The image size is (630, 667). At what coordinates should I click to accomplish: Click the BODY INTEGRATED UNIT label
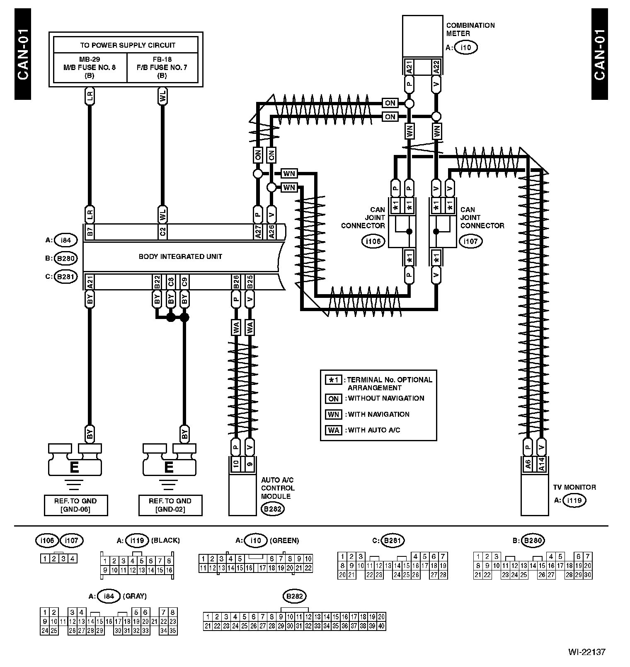pyautogui.click(x=180, y=256)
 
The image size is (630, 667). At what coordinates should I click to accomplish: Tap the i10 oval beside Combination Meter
pyautogui.click(x=466, y=48)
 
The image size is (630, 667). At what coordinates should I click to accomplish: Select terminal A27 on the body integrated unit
pyautogui.click(x=258, y=232)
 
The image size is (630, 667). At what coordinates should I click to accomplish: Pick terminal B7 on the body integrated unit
pyautogui.click(x=90, y=232)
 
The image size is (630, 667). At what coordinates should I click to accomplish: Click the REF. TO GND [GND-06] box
pyautogui.click(x=75, y=505)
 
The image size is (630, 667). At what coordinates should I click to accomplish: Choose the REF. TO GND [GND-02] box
pyautogui.click(x=170, y=505)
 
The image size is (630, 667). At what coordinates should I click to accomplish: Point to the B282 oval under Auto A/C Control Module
pyautogui.click(x=272, y=509)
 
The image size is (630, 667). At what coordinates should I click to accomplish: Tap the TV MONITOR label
pyautogui.click(x=574, y=487)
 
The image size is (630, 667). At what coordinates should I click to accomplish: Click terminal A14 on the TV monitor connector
pyautogui.click(x=541, y=464)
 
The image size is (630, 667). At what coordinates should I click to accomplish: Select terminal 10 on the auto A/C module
pyautogui.click(x=236, y=464)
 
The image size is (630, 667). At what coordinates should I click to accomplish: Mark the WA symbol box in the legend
pyautogui.click(x=334, y=430)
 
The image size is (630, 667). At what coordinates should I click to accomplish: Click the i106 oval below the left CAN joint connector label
pyautogui.click(x=373, y=241)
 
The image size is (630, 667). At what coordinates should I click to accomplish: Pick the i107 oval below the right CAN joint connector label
pyautogui.click(x=470, y=241)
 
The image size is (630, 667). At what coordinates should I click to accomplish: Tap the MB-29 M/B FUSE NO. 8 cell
pyautogui.click(x=90, y=67)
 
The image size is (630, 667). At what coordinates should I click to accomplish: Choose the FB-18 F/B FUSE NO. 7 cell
pyautogui.click(x=162, y=67)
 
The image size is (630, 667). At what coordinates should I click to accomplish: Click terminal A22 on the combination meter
pyautogui.click(x=436, y=67)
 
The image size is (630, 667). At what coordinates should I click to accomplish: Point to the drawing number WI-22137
pyautogui.click(x=586, y=652)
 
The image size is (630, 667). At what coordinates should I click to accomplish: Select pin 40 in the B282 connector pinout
pyautogui.click(x=381, y=626)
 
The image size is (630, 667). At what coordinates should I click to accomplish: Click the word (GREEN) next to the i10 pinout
pyautogui.click(x=284, y=540)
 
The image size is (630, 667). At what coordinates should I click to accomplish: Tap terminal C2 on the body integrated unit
pyautogui.click(x=162, y=232)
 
